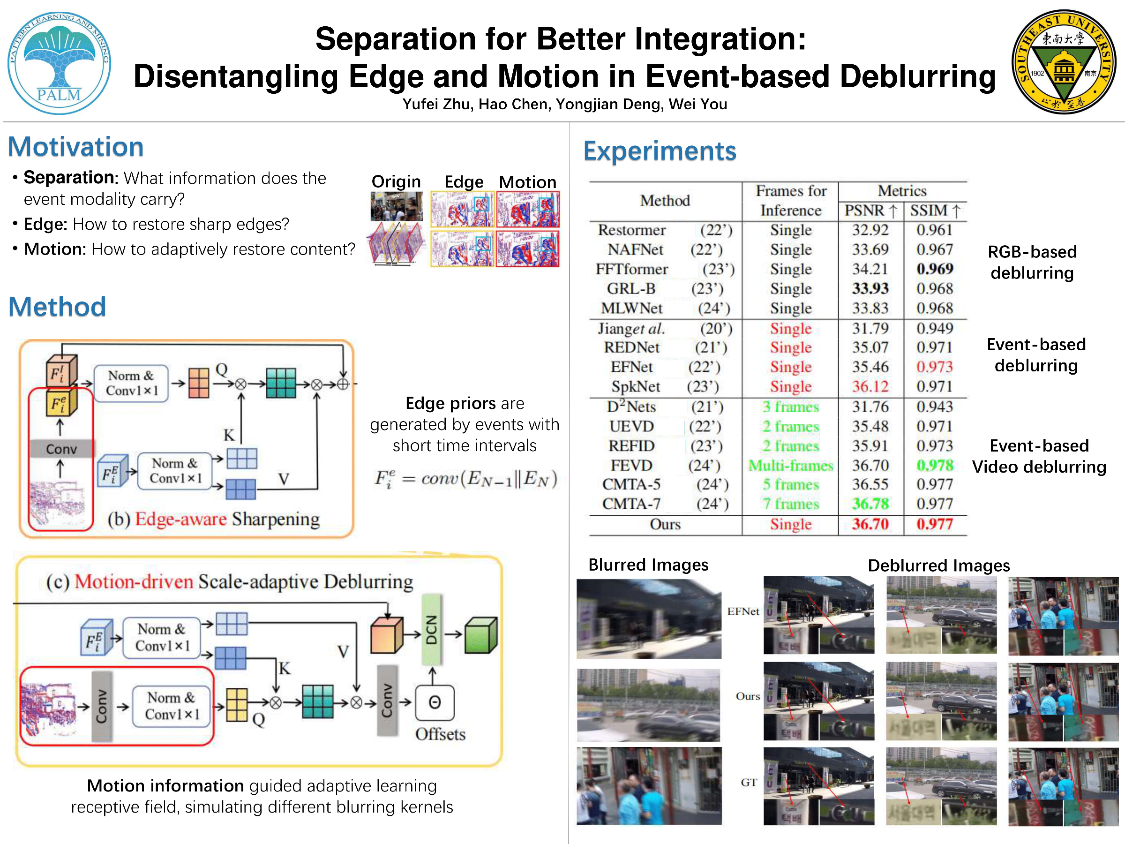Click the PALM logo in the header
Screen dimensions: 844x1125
pyautogui.click(x=59, y=62)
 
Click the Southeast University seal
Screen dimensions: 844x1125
pyautogui.click(x=1064, y=61)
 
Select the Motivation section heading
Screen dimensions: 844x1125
pyautogui.click(x=76, y=147)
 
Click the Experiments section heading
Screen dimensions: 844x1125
pyautogui.click(x=660, y=151)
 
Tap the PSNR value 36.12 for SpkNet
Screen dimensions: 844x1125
pyautogui.click(x=870, y=387)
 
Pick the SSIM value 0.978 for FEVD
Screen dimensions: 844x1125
pyautogui.click(x=935, y=465)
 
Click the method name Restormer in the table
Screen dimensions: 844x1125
pyautogui.click(x=632, y=230)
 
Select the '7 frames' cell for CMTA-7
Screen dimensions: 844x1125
pyautogui.click(x=791, y=504)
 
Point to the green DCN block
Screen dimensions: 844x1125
pyautogui.click(x=431, y=630)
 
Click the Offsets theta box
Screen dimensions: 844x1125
pyautogui.click(x=435, y=702)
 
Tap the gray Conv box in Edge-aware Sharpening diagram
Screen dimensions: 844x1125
pyautogui.click(x=61, y=449)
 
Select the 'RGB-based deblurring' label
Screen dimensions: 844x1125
pyautogui.click(x=1032, y=263)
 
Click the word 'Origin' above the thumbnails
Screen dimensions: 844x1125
pyautogui.click(x=396, y=181)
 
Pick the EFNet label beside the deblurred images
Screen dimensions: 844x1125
pyautogui.click(x=743, y=611)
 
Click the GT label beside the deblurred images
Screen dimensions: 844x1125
pyautogui.click(x=749, y=783)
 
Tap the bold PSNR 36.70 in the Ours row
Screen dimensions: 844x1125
pyautogui.click(x=870, y=524)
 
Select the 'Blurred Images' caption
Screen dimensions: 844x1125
pyautogui.click(x=648, y=565)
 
